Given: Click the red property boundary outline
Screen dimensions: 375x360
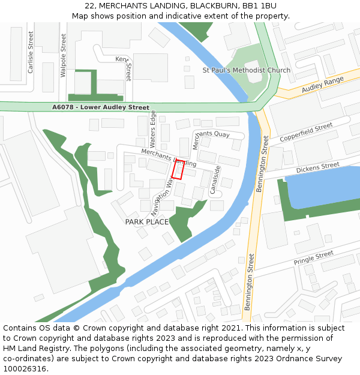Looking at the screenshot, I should (178, 169).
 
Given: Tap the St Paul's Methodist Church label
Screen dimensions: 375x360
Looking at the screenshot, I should (246, 70).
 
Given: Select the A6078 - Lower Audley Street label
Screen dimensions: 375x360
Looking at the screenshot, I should (101, 107).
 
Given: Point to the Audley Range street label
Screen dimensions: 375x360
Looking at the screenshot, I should (323, 85).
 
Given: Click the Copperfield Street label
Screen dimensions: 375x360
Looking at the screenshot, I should (306, 133).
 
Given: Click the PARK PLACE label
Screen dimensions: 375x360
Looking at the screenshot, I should (146, 222).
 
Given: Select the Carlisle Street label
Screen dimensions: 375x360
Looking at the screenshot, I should (30, 53).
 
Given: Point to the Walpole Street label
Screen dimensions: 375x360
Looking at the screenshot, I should (64, 55).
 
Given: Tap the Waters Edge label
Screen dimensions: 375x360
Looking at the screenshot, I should (153, 129).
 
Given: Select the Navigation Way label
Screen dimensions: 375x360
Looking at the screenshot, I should (162, 196).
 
